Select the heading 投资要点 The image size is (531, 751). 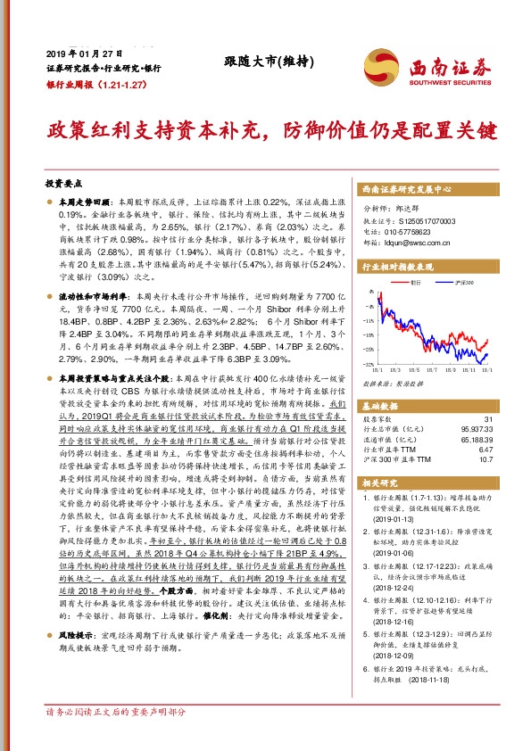click(x=62, y=182)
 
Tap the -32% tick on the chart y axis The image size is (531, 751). click(x=369, y=363)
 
